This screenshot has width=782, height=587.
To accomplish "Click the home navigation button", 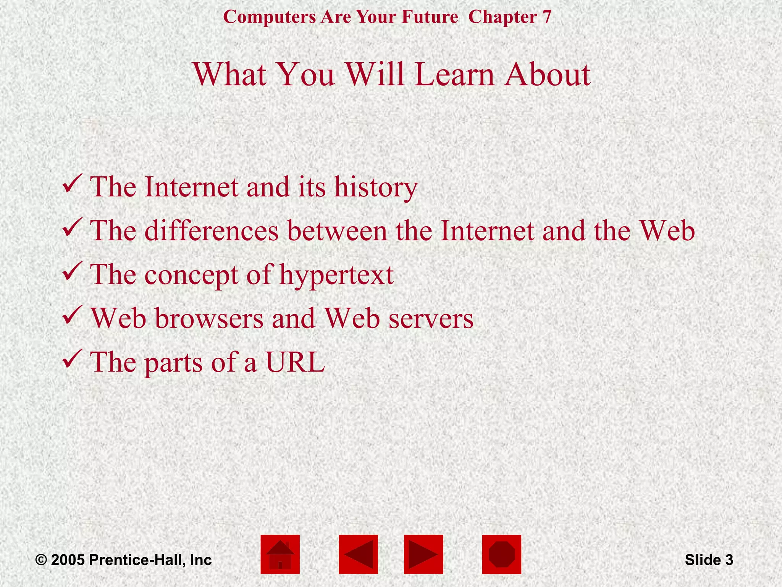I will pyautogui.click(x=280, y=554).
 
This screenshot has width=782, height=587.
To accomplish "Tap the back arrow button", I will pyautogui.click(x=358, y=554).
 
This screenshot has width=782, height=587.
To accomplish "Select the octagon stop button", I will pyautogui.click(x=501, y=554).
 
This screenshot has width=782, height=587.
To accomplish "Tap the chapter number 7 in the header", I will pyautogui.click(x=547, y=17).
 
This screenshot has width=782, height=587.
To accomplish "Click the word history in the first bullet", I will pyautogui.click(x=376, y=187).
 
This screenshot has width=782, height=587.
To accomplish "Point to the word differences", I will pyautogui.click(x=212, y=231).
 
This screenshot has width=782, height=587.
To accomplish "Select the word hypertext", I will pyautogui.click(x=336, y=275).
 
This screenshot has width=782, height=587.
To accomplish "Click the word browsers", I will pyautogui.click(x=209, y=318).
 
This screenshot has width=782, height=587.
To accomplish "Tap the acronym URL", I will pyautogui.click(x=295, y=362).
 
